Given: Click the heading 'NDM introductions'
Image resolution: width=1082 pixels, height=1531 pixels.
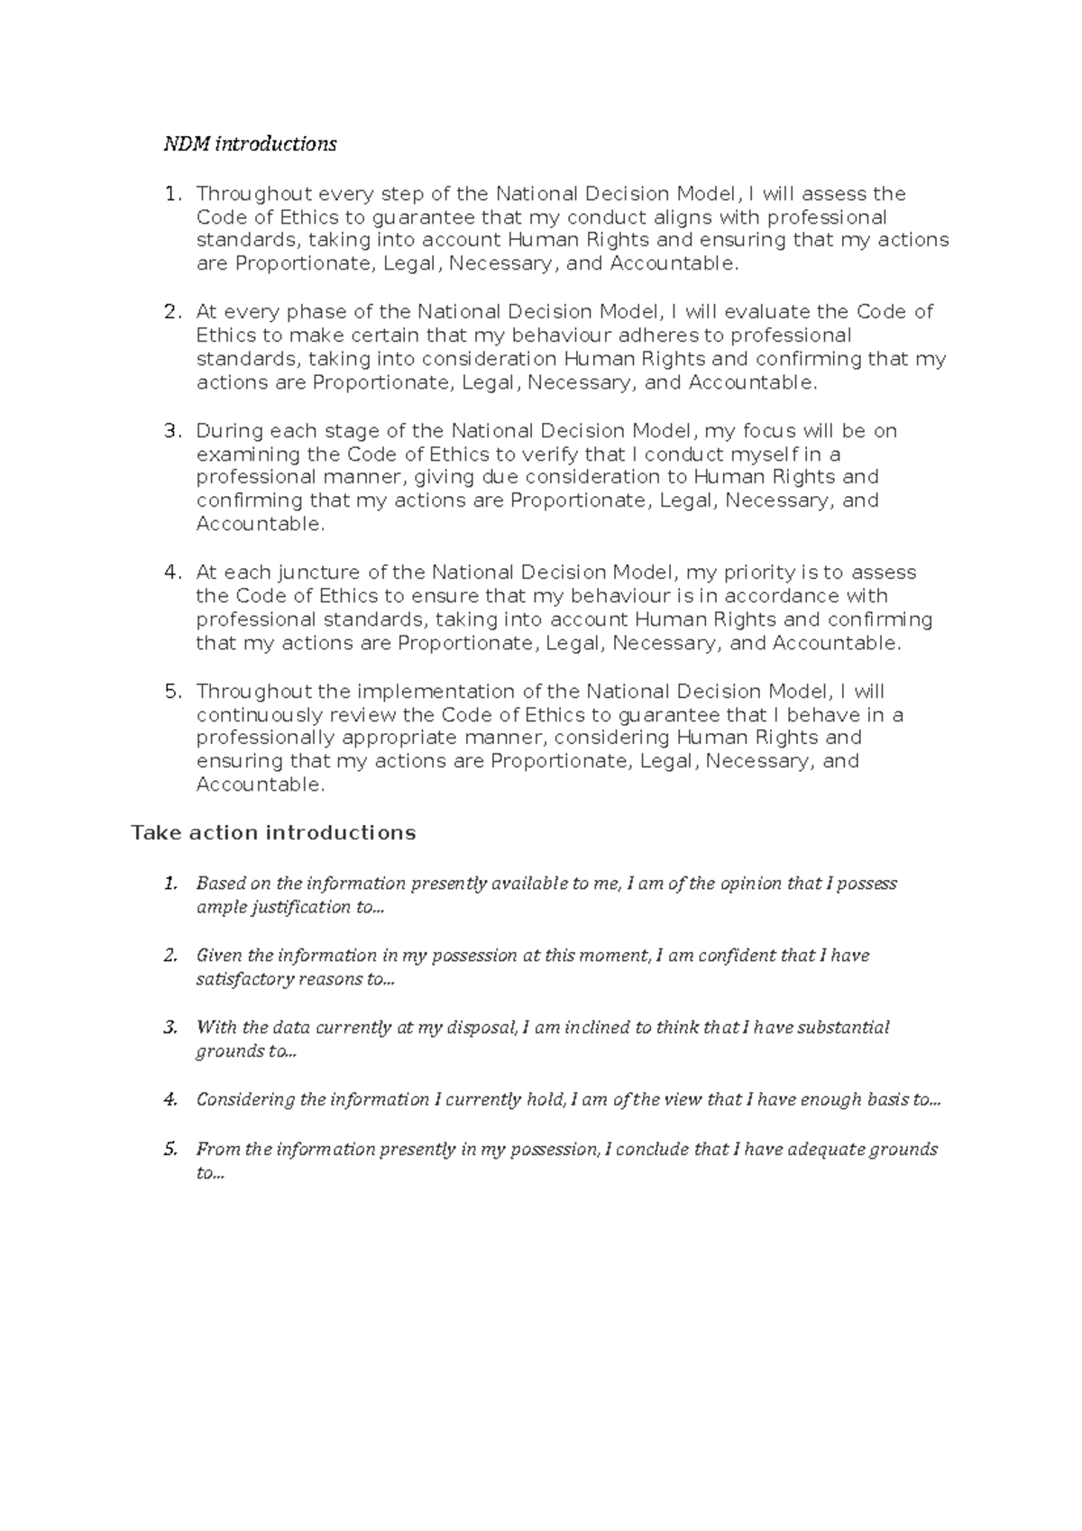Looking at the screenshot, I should click(250, 144).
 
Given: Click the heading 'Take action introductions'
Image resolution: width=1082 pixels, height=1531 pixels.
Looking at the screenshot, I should click(273, 832).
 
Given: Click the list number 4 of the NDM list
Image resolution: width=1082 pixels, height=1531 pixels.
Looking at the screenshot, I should click(172, 573).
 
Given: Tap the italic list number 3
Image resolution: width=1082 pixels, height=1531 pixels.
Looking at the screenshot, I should click(170, 1027).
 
